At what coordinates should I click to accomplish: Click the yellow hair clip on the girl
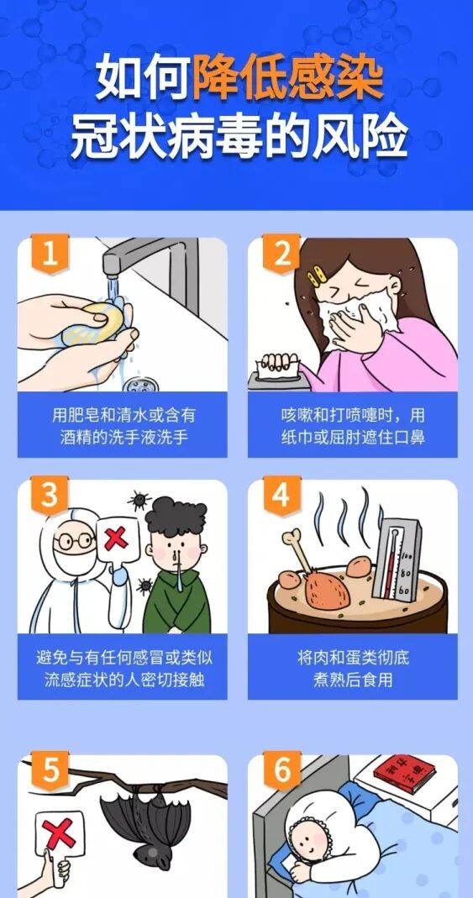click(x=318, y=276)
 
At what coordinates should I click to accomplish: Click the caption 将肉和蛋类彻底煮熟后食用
click(x=352, y=668)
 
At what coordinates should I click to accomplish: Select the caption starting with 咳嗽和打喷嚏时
click(x=352, y=427)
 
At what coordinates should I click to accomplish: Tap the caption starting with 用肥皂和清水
click(x=123, y=427)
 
